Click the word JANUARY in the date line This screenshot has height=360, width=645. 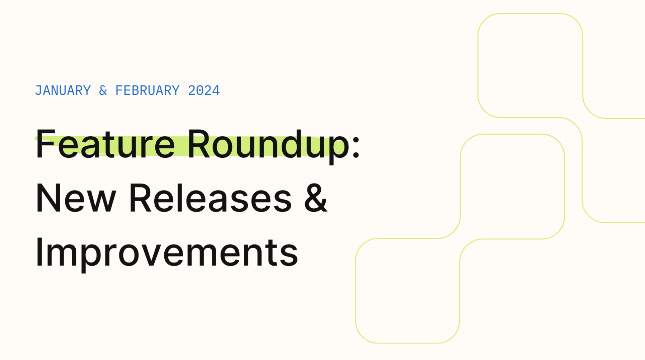(x=63, y=90)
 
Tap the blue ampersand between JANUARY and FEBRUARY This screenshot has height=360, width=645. (x=103, y=90)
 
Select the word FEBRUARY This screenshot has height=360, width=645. (x=147, y=90)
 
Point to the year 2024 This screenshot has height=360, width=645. (x=204, y=90)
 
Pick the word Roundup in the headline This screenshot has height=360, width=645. (x=268, y=144)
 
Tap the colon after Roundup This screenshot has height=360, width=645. (x=356, y=147)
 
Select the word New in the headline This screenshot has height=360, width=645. (x=76, y=198)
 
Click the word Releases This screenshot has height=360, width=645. (x=210, y=198)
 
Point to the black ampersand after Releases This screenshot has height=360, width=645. (x=316, y=198)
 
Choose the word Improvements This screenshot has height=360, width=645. (x=167, y=252)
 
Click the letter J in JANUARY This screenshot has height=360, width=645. (x=39, y=90)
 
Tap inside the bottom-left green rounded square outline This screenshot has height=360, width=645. (x=407, y=290)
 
